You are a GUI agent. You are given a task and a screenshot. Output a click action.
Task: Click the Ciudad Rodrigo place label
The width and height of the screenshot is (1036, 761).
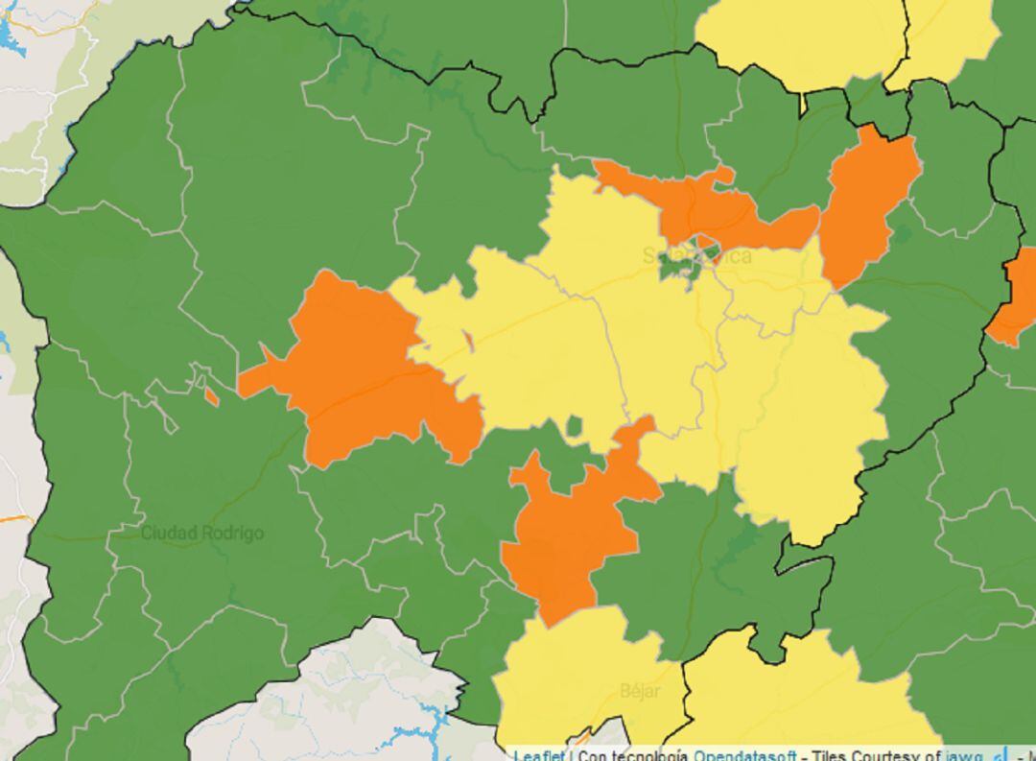coord(202,533)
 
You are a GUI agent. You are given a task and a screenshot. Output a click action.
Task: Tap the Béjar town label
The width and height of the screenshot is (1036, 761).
coord(640,691)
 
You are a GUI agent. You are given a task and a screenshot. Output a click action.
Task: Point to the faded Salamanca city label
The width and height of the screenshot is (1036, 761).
coord(696,256)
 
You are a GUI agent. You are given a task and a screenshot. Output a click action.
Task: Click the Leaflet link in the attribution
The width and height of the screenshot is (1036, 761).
coord(538,755)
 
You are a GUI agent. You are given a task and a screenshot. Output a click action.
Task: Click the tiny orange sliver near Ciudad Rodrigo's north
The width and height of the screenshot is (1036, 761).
coord(211,394)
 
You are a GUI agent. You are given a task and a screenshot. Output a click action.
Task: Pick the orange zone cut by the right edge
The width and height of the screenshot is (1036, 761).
coord(1015,297)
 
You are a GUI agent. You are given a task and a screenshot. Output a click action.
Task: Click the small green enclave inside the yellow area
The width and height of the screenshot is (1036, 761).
coord(575,425)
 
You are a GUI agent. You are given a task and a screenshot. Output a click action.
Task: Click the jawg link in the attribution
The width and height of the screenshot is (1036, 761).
coord(963,755)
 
